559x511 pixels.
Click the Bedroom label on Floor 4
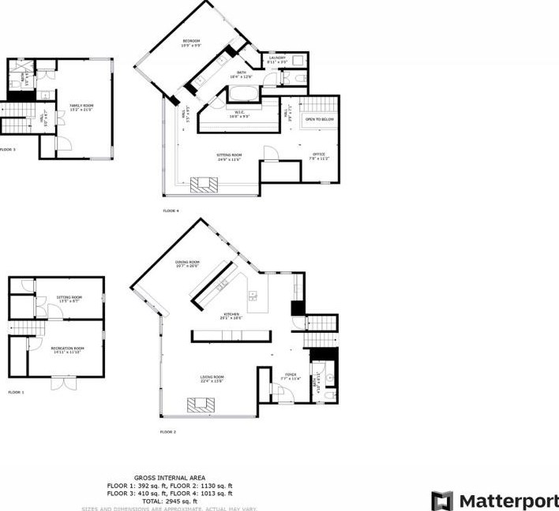click(x=192, y=40)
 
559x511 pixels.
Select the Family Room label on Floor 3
click(x=81, y=106)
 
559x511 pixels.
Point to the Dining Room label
click(x=188, y=263)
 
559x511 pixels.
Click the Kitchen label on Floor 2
click(x=231, y=315)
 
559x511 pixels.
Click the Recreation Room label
click(x=68, y=349)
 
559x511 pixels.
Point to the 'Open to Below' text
click(x=320, y=119)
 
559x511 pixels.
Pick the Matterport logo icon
click(x=442, y=500)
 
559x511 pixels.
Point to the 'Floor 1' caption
click(x=17, y=392)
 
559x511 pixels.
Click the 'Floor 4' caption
click(x=171, y=211)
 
